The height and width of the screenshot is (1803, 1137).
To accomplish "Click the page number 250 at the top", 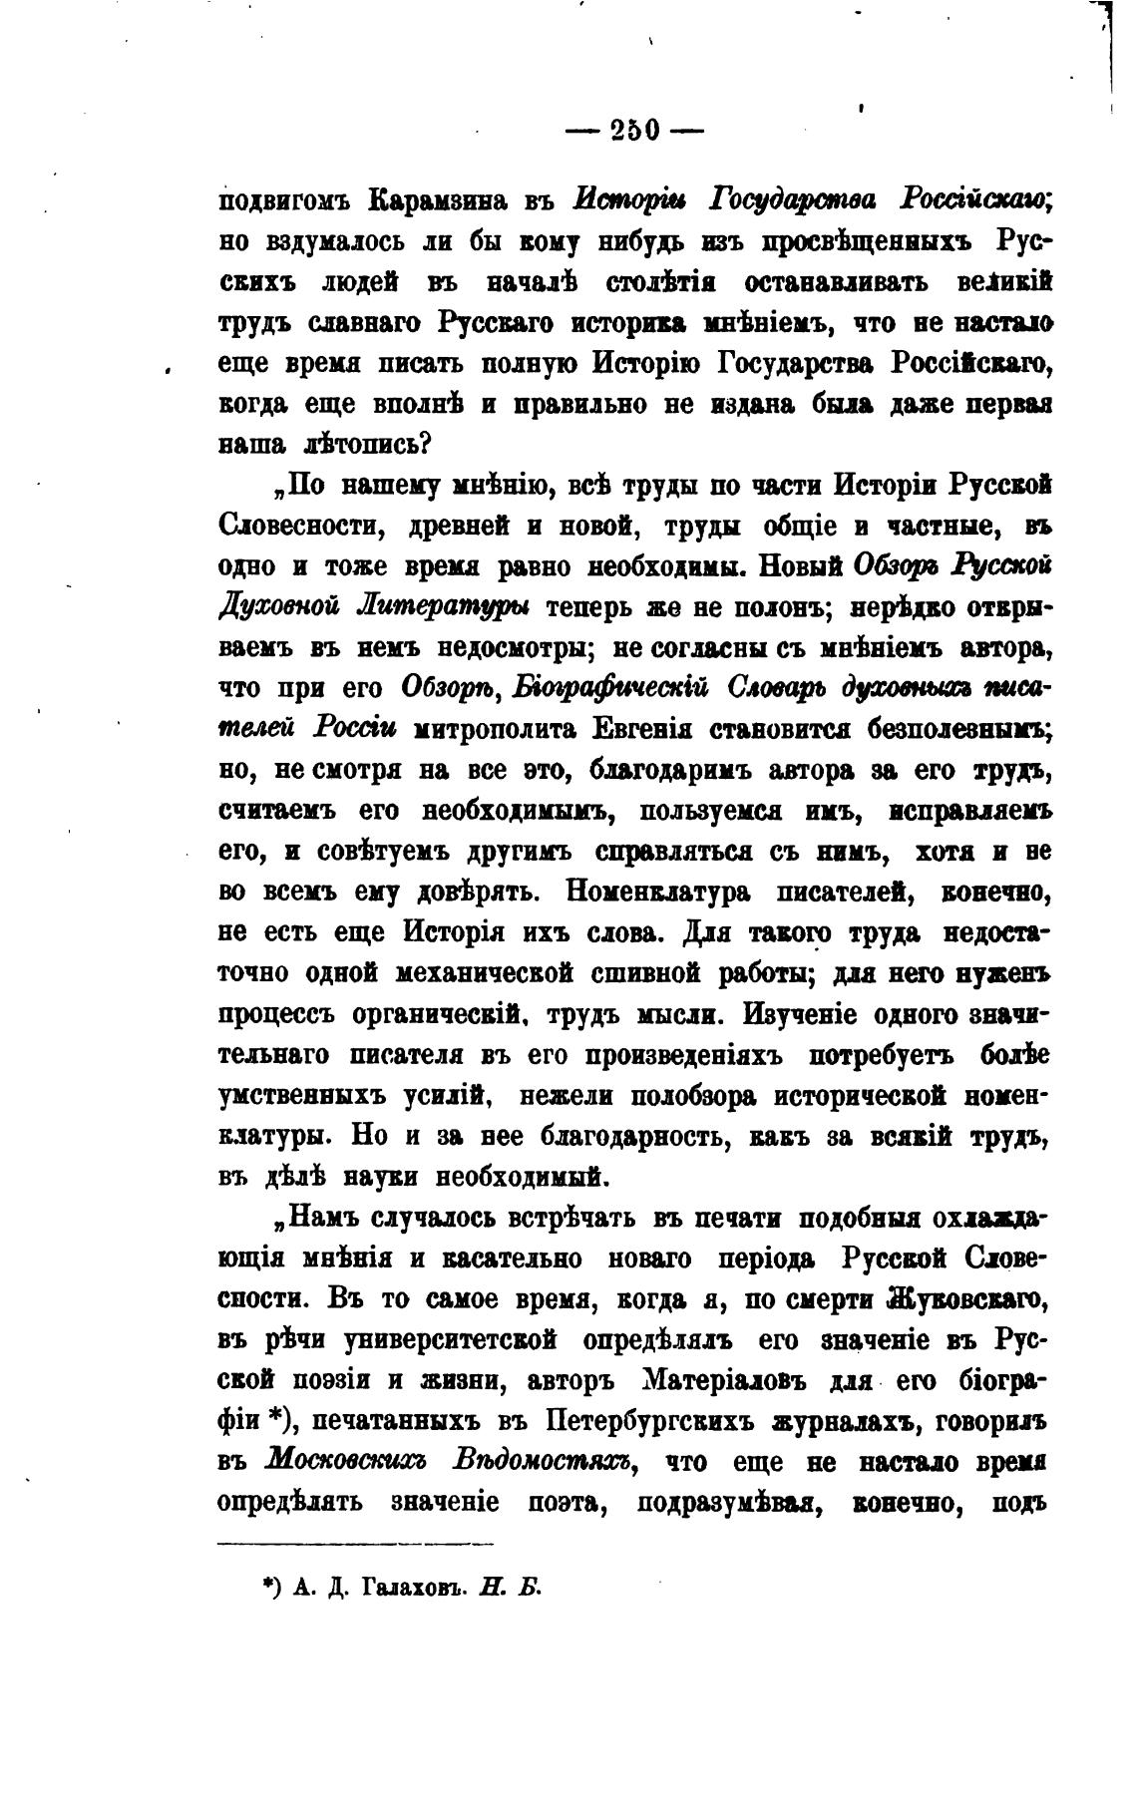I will pyautogui.click(x=633, y=131).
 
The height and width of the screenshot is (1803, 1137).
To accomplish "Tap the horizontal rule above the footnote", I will pyautogui.click(x=356, y=1545).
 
